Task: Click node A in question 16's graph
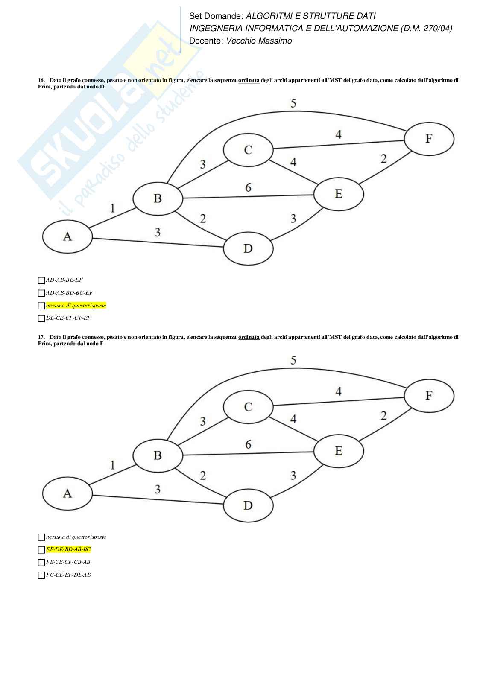coord(67,236)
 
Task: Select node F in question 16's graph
coord(429,138)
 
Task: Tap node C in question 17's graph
coord(248,406)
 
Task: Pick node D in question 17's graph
coord(248,505)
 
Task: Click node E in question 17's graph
coord(339,451)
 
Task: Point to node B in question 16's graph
coord(158,198)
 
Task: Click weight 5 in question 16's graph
coord(293,103)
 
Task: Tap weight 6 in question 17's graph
coord(248,444)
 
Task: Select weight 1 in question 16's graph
coord(113,208)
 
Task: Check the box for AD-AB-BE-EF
coord(41,280)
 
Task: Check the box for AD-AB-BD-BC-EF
coord(41,293)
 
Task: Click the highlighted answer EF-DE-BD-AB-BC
coord(68,549)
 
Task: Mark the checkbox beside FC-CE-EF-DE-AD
coord(41,575)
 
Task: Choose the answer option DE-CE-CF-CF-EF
coord(68,318)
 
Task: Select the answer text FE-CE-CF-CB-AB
coord(68,562)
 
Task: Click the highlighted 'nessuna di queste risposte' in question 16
coord(76,306)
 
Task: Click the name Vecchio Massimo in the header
coord(259,41)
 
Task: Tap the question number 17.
coord(41,337)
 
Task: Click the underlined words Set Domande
coord(215,16)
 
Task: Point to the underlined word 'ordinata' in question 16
coord(249,80)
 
